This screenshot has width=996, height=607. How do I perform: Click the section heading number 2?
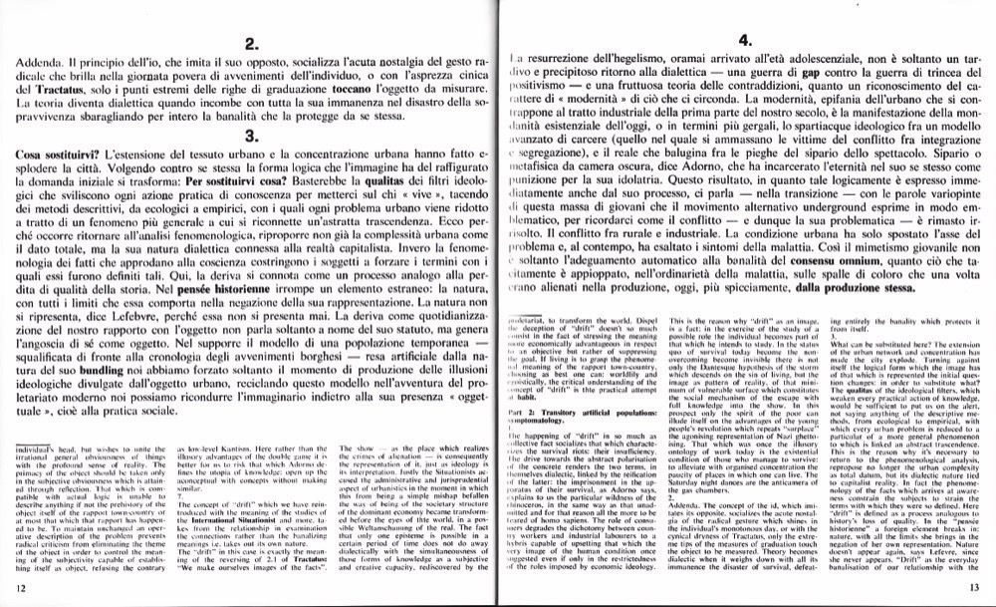point(252,43)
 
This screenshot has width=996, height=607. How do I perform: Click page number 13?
point(973,590)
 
